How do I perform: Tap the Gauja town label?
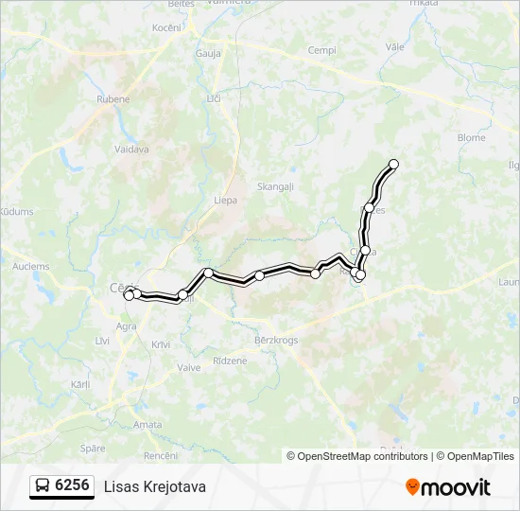[x=208, y=54]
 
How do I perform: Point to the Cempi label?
[x=323, y=50]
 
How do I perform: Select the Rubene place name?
[x=113, y=99]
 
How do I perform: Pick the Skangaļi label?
[x=274, y=187]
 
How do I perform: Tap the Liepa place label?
[x=225, y=201]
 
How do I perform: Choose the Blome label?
[x=471, y=137]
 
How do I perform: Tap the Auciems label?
[x=31, y=267]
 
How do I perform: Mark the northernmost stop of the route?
[x=394, y=165]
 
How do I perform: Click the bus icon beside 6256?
[x=43, y=486]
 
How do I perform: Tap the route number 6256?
[x=73, y=485]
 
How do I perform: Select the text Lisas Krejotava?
[x=154, y=486]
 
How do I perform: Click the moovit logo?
[x=448, y=487]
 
